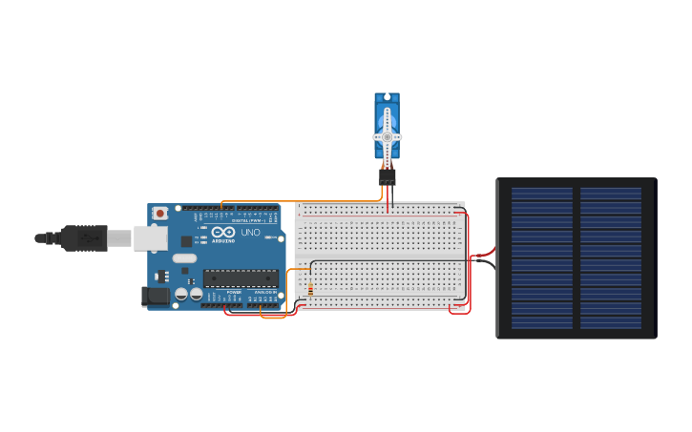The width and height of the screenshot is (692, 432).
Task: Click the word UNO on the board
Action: click(250, 233)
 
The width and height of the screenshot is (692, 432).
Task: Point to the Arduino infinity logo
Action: click(223, 233)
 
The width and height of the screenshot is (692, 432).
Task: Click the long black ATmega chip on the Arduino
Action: click(240, 278)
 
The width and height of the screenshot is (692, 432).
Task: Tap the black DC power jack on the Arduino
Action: click(155, 297)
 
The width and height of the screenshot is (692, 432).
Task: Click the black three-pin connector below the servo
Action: click(387, 176)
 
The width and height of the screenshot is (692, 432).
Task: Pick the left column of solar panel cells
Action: click(542, 257)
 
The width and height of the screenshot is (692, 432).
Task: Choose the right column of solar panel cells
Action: click(611, 257)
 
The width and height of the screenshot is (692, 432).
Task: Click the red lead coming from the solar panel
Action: click(484, 254)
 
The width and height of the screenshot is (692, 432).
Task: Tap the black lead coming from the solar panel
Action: click(484, 263)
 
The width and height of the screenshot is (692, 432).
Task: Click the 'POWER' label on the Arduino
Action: click(234, 292)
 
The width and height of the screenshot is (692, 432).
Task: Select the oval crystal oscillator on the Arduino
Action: click(185, 258)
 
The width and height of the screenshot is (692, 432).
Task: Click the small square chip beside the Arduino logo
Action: click(186, 241)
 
